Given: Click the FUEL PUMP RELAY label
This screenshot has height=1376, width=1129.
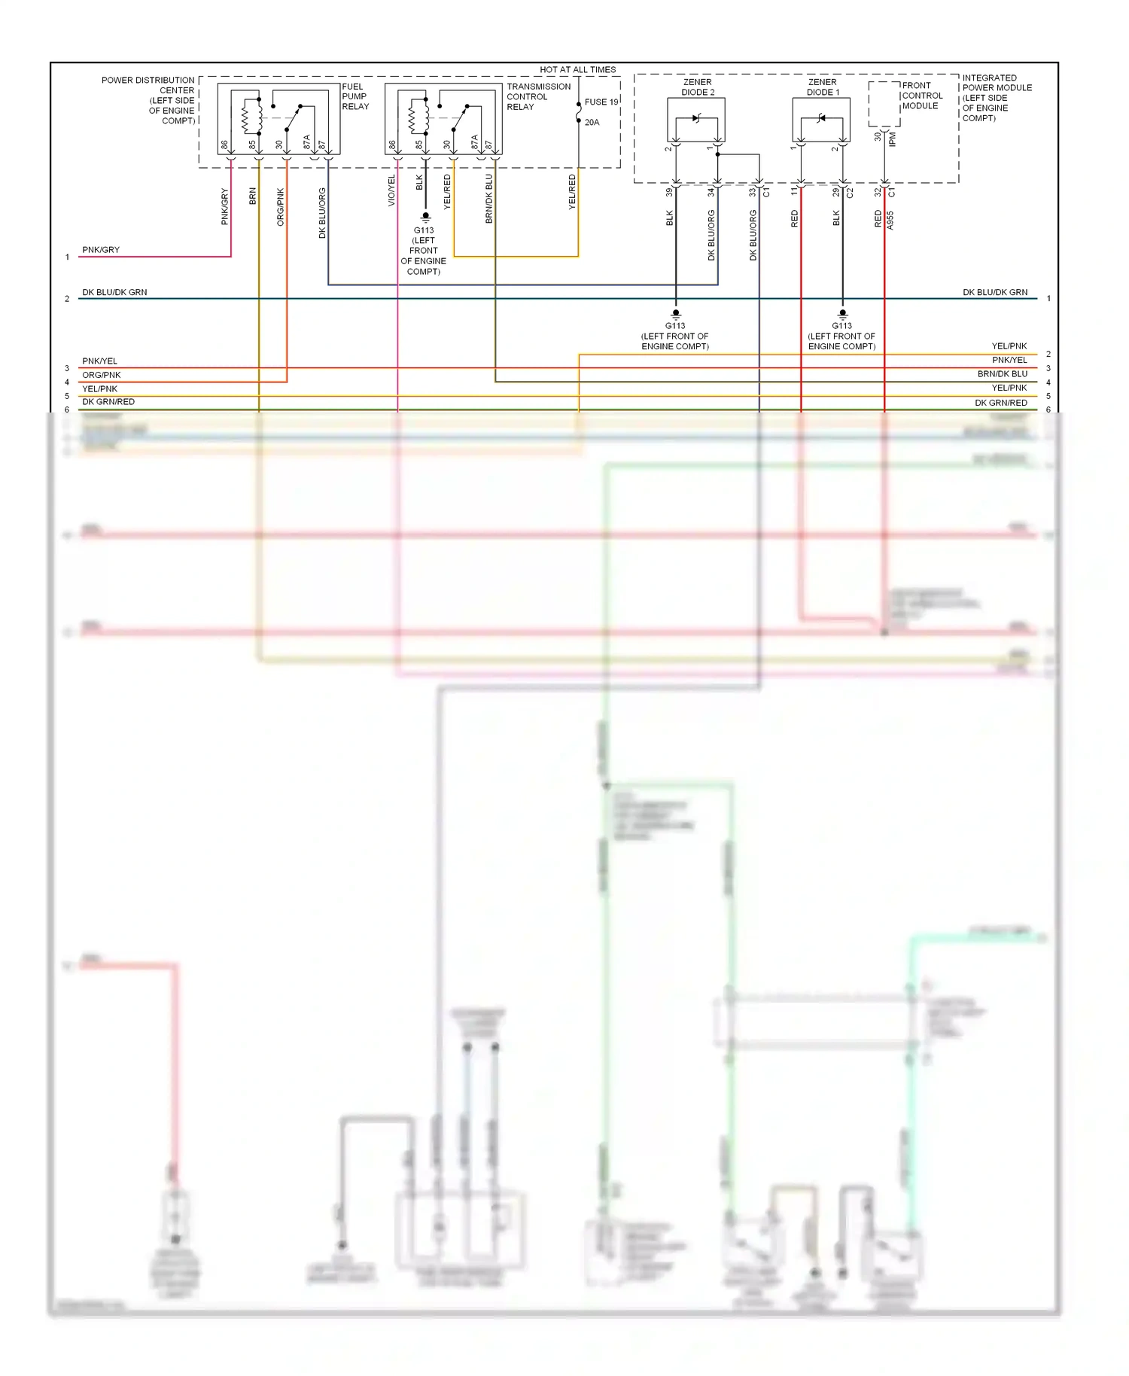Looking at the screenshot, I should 355,96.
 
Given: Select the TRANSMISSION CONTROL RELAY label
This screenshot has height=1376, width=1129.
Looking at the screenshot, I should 538,96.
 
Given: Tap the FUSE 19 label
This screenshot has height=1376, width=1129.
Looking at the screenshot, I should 601,102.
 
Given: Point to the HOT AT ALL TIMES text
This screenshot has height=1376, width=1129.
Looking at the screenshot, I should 577,69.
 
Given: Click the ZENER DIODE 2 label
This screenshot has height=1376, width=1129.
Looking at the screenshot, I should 698,87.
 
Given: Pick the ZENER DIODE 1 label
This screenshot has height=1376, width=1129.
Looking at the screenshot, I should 823,87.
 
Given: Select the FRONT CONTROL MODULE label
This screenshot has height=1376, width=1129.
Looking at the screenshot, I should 921,96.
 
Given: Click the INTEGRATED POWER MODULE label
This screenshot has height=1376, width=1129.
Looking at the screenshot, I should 996,98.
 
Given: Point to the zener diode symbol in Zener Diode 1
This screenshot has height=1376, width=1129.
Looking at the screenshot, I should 821,118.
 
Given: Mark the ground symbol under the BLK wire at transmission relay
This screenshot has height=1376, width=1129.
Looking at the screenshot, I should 425,218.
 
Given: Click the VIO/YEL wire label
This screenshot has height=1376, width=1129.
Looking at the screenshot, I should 391,190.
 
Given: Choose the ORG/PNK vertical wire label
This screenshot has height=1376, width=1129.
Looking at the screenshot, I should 281,207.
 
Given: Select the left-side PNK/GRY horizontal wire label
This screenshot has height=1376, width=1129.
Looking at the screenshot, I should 101,250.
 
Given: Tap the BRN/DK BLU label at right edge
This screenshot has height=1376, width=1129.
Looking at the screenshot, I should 1002,374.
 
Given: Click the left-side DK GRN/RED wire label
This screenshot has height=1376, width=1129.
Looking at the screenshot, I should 108,402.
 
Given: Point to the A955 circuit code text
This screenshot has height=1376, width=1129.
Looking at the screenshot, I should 890,220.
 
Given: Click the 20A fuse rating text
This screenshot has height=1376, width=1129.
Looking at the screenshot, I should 592,122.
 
